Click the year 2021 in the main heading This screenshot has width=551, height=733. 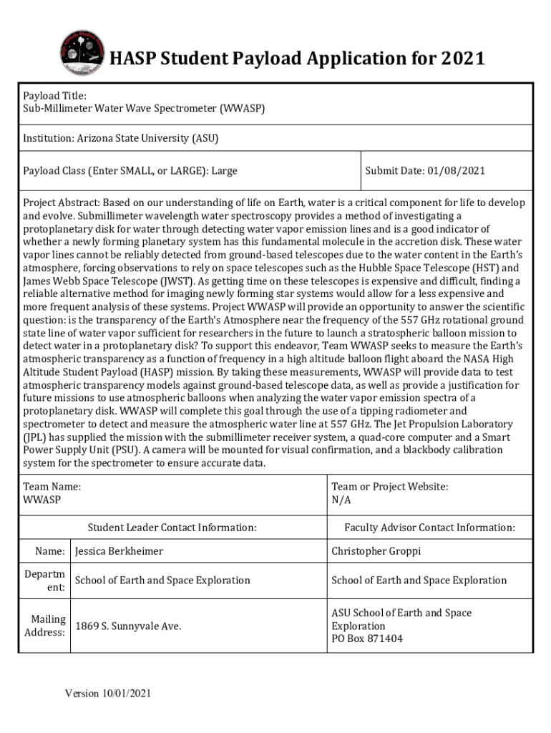pyautogui.click(x=462, y=58)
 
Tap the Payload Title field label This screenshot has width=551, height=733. pyautogui.click(x=54, y=96)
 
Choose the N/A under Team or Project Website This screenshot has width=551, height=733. pyautogui.click(x=341, y=500)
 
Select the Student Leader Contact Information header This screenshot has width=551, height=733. pyautogui.click(x=172, y=528)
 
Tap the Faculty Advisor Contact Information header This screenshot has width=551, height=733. pyautogui.click(x=429, y=528)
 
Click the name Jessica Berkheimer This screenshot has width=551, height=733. pyautogui.click(x=119, y=551)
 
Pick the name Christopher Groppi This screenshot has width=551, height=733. pyautogui.click(x=376, y=551)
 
